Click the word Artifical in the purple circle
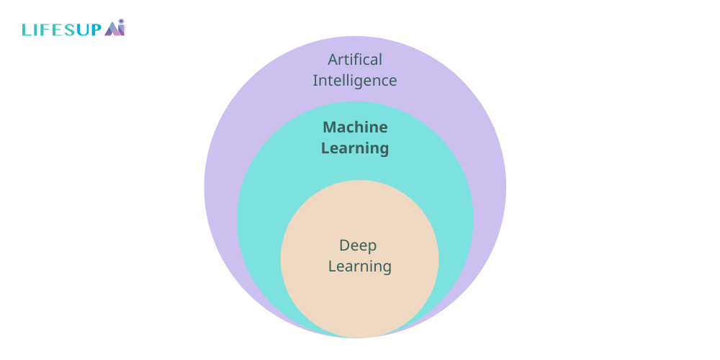[355, 59]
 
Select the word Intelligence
[355, 80]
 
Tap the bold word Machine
[355, 127]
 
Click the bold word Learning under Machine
[355, 148]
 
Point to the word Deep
[358, 246]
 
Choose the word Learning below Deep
[359, 266]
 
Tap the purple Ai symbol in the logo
[115, 29]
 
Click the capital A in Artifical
[333, 59]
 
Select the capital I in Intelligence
[315, 80]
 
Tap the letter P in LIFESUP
[96, 30]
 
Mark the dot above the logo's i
[122, 22]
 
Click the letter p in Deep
[372, 247]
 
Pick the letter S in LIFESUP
[68, 30]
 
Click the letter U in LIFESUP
[82, 30]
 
